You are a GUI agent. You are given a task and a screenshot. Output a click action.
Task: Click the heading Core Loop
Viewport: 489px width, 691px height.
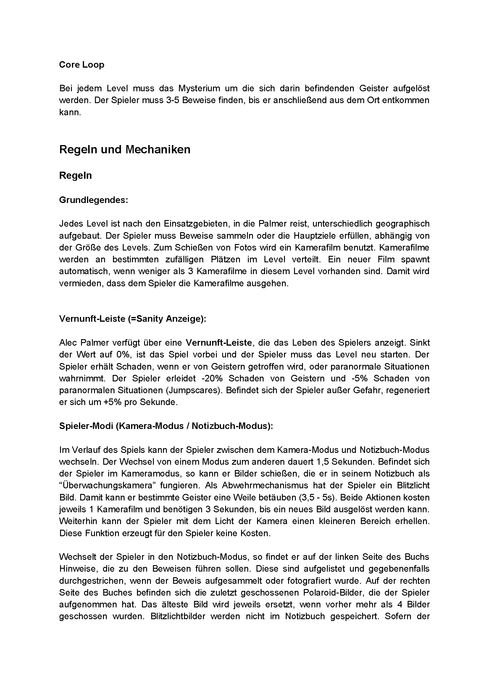point(82,65)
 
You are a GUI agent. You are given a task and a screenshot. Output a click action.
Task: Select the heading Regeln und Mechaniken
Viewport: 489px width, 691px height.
point(125,149)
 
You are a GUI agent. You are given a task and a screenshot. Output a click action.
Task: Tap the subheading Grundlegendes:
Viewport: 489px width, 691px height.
point(94,200)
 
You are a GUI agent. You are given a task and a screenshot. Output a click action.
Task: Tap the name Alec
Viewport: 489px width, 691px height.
point(68,342)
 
